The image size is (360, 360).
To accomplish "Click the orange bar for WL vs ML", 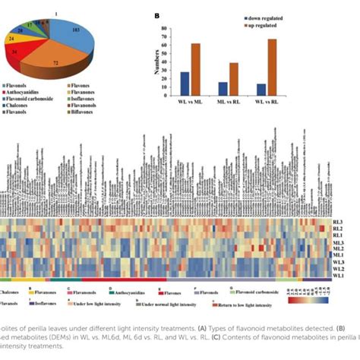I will point(196,69).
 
